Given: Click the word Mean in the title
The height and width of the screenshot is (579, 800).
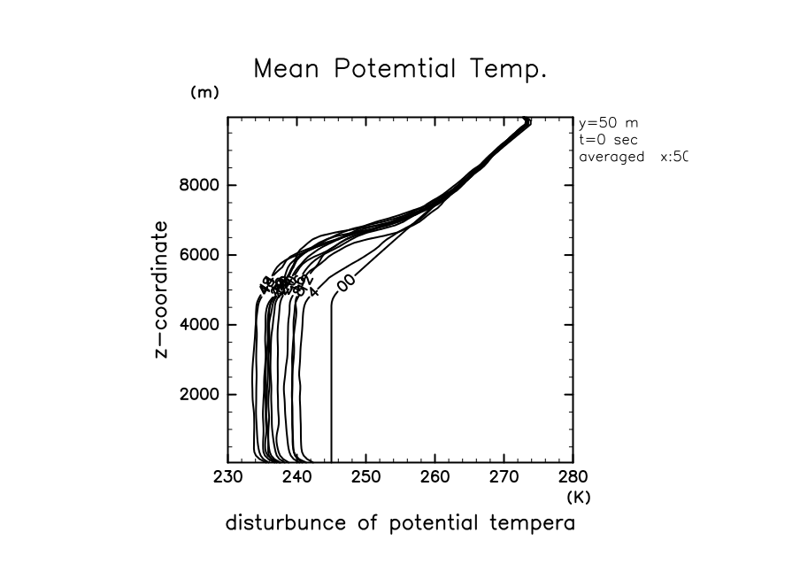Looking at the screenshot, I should tap(289, 69).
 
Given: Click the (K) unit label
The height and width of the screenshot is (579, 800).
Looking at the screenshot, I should tap(579, 498).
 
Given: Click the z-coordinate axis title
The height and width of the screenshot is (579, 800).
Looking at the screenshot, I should tap(162, 289).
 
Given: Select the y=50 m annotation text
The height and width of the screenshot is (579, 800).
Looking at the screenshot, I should tap(607, 123).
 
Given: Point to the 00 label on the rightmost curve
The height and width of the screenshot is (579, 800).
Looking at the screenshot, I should tap(346, 282).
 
